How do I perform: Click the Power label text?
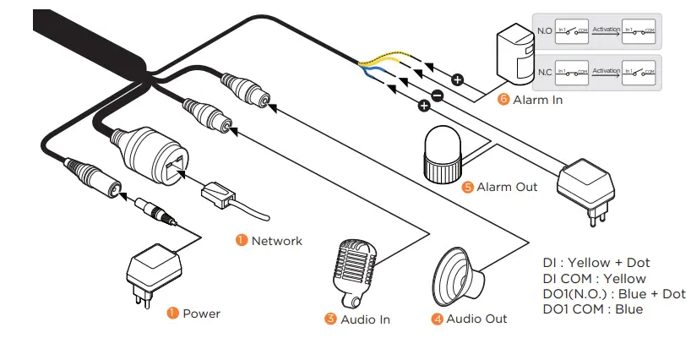(x=201, y=314)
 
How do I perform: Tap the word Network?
(x=276, y=241)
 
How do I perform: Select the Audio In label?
(x=365, y=319)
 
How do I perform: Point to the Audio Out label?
(x=476, y=319)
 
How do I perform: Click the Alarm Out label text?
(x=507, y=187)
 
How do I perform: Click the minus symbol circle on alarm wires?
(x=437, y=95)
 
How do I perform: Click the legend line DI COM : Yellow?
(x=594, y=279)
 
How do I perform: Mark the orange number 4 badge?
(x=437, y=319)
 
